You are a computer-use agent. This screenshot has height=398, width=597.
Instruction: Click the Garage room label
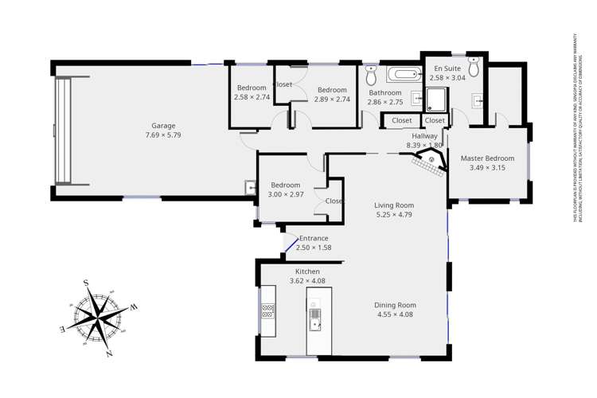point(163,126)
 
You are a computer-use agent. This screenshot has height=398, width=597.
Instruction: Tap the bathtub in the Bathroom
point(403,76)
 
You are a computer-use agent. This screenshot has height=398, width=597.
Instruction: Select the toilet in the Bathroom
point(371,76)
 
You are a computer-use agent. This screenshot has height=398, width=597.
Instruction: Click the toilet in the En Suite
point(474,67)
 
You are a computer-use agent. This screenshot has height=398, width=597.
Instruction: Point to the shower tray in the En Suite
point(437,99)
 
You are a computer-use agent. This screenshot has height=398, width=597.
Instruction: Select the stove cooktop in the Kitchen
point(268,310)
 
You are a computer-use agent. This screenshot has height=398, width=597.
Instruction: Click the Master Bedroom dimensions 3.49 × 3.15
point(487,168)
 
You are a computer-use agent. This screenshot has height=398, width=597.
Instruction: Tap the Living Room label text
point(394,205)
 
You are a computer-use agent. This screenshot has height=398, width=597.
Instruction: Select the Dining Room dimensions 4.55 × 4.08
point(395,314)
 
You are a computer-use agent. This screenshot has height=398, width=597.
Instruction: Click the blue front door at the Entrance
point(291,245)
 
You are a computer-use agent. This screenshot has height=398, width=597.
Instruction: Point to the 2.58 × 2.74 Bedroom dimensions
point(252,98)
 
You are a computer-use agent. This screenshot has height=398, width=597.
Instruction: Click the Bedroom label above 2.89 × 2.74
point(331,90)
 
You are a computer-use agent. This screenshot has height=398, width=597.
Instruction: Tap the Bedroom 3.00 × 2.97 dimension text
point(285,195)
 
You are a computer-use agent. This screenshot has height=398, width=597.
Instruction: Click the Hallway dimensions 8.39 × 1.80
point(423,146)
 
